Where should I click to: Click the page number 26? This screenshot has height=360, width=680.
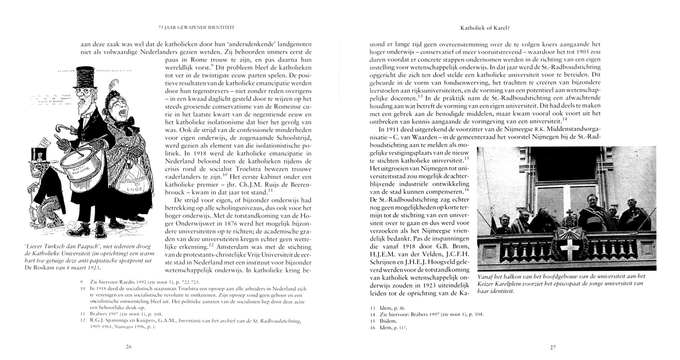click(x=128, y=347)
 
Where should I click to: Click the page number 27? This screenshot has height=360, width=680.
click(x=553, y=347)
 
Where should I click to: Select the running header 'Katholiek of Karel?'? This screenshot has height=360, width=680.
click(x=485, y=28)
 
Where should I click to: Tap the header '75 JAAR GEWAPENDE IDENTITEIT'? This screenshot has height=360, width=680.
click(x=196, y=27)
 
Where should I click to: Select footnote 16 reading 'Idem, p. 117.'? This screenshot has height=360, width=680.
click(x=389, y=328)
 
